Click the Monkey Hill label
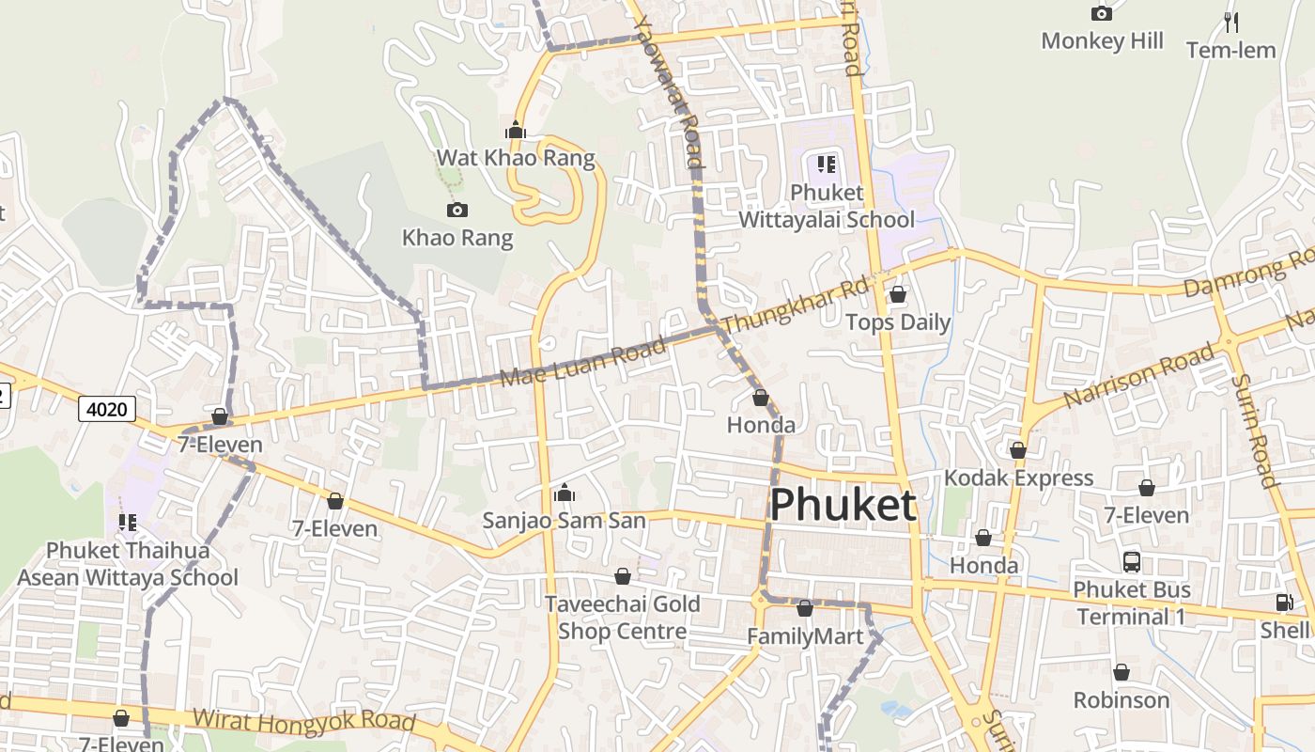[1102, 41]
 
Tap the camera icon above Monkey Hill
[1102, 13]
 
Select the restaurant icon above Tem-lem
[1230, 22]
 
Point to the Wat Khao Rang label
[516, 158]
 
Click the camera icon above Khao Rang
[457, 210]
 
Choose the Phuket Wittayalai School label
[827, 206]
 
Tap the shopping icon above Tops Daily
[898, 294]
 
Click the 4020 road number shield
[107, 409]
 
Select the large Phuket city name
[842, 506]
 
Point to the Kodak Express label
[1018, 478]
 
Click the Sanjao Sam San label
[564, 520]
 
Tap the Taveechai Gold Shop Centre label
[622, 618]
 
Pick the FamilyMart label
[804, 637]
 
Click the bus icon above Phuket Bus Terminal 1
[1132, 562]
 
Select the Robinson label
[1121, 700]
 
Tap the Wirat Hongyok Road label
[303, 721]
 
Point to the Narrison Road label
[1138, 378]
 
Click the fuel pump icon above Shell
[1284, 603]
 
